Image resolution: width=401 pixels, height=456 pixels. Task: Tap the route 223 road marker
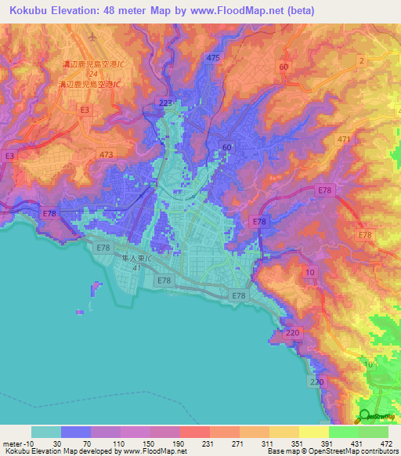click(x=165, y=103)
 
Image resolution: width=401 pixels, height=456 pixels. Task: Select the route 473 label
click(x=107, y=156)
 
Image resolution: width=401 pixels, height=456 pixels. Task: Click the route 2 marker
click(x=361, y=60)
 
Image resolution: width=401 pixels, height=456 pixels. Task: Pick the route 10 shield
click(x=311, y=271)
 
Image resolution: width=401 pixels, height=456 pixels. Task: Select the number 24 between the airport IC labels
click(x=92, y=75)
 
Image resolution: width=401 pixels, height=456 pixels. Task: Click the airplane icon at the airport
click(x=92, y=36)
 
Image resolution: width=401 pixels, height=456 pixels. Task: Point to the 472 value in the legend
click(x=385, y=443)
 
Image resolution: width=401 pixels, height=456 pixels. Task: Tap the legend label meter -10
click(x=15, y=443)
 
